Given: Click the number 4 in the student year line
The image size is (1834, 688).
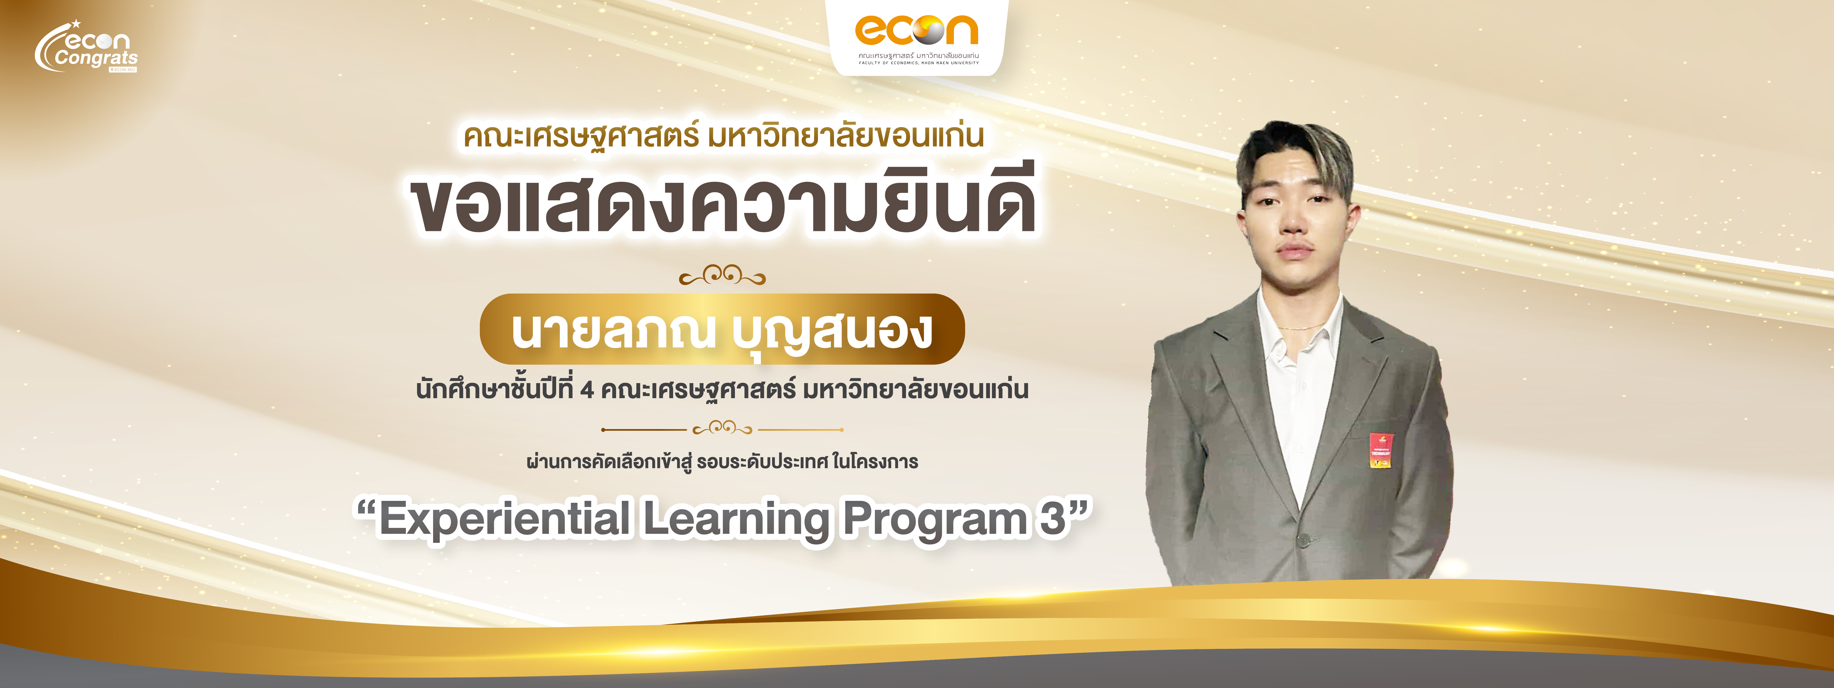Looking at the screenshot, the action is click(x=587, y=390).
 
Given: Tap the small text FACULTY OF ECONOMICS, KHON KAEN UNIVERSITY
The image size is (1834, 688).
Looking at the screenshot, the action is click(x=918, y=63).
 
